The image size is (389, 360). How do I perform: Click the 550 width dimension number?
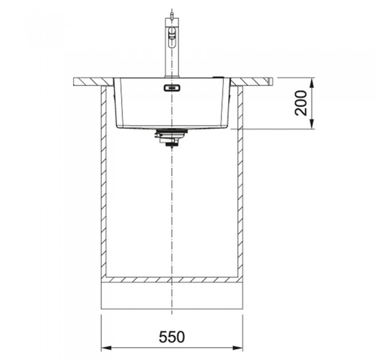pyautogui.click(x=172, y=337)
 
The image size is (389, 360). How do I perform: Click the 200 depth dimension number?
pyautogui.click(x=301, y=103)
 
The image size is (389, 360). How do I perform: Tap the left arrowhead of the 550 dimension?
pyautogui.click(x=105, y=348)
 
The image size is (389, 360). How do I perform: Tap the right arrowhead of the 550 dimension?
pyautogui.click(x=239, y=348)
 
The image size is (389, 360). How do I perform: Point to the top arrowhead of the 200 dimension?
pyautogui.click(x=312, y=82)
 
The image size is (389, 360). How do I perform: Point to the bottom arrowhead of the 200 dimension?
pyautogui.click(x=312, y=125)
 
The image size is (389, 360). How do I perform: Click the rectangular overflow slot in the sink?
pyautogui.click(x=172, y=87)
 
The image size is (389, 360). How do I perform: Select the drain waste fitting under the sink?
pyautogui.click(x=170, y=138)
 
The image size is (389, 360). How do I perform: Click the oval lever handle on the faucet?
pyautogui.click(x=172, y=38)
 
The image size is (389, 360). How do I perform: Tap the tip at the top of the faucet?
pyautogui.click(x=172, y=10)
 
